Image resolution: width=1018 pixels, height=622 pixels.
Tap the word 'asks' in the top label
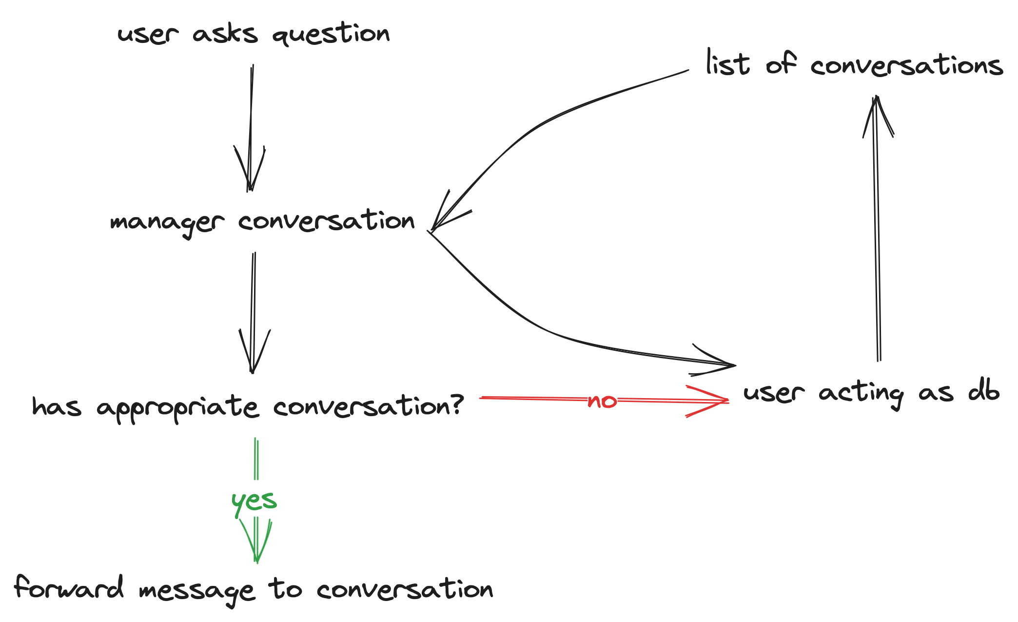click(x=225, y=34)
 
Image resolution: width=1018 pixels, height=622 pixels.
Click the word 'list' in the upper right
click(x=727, y=64)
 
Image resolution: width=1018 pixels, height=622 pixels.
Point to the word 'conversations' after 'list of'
click(x=906, y=66)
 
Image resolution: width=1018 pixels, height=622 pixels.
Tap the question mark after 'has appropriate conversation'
click(x=455, y=404)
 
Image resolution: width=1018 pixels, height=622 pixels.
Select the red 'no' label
click(x=602, y=401)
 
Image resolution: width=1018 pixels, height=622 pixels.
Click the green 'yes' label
click(x=254, y=502)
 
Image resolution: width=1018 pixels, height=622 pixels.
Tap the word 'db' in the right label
click(x=983, y=392)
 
